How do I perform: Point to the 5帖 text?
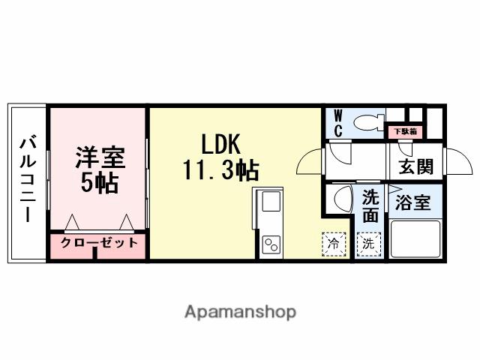[x=99, y=182]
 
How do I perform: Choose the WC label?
[x=337, y=124]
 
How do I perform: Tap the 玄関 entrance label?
[x=414, y=166]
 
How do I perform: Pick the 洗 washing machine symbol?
[x=368, y=244]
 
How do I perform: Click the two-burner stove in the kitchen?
[x=271, y=244]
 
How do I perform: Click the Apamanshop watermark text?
[x=240, y=311]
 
